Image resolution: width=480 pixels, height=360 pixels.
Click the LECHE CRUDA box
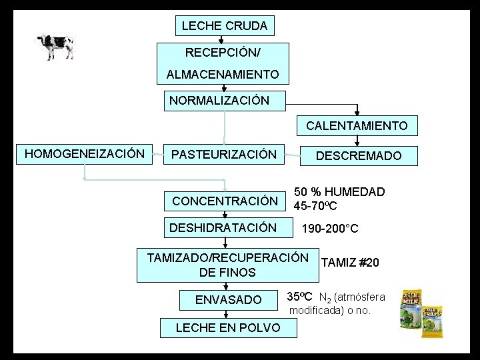[x=224, y=26]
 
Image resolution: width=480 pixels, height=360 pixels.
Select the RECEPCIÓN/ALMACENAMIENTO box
[x=223, y=63]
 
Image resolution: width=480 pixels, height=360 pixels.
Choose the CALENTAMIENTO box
[x=357, y=125]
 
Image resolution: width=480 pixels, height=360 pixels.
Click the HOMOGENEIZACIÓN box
[x=84, y=154]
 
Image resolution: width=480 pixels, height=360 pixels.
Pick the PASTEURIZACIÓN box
[x=224, y=155]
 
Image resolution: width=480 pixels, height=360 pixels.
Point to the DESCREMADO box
[x=359, y=155]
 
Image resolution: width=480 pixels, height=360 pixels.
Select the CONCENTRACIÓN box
[x=225, y=201]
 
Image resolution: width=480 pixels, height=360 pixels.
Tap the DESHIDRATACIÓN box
[x=223, y=228]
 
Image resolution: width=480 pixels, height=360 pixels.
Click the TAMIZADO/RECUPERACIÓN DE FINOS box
[x=227, y=265]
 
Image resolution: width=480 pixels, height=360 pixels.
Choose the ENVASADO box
[x=228, y=300]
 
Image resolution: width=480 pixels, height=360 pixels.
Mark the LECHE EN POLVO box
[x=227, y=327]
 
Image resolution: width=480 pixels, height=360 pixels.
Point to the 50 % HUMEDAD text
[x=340, y=192]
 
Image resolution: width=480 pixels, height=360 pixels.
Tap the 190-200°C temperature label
[x=330, y=229]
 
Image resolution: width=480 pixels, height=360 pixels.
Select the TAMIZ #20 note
[x=350, y=263]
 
